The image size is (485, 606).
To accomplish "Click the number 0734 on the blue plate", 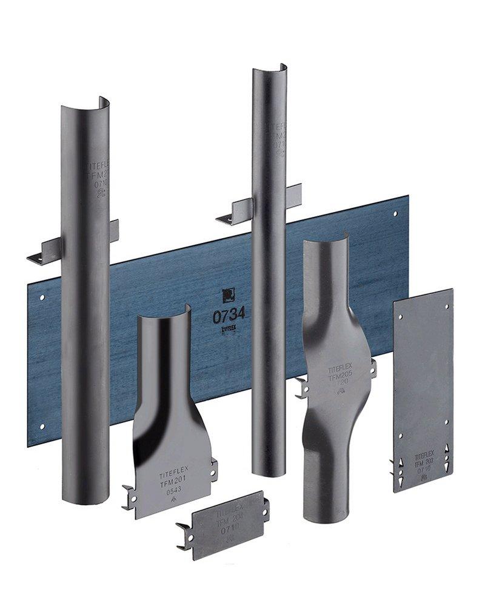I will tap(229, 315).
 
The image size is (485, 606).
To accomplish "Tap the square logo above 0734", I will tap(228, 295).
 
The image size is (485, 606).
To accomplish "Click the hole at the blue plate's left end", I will tap(42, 298).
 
